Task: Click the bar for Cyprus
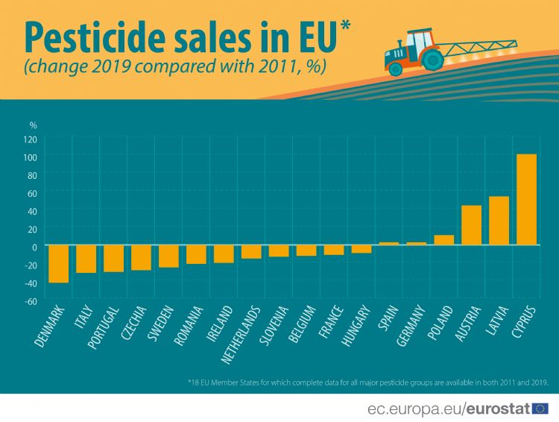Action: click(x=526, y=199)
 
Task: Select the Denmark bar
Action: click(x=58, y=263)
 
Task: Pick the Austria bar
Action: click(x=471, y=224)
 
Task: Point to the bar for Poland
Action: click(x=443, y=239)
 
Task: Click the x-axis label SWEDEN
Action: click(x=162, y=321)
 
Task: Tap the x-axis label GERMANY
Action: click(x=411, y=325)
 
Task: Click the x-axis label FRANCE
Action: click(x=330, y=321)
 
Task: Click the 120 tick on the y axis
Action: click(x=31, y=139)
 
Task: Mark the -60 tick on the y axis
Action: click(x=31, y=301)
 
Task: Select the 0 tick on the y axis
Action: click(x=34, y=247)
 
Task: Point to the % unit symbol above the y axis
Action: click(x=33, y=125)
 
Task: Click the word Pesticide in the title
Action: click(x=106, y=37)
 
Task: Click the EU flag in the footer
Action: click(x=540, y=408)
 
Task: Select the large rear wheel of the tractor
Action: click(x=430, y=57)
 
